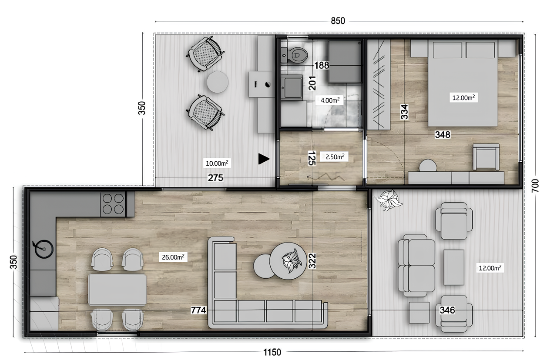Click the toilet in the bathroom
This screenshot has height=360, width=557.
[x=297, y=54]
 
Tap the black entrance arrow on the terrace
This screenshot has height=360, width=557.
[x=264, y=159]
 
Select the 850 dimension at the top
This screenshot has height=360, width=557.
[x=338, y=21]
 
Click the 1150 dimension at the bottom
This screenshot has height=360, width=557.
[x=272, y=351]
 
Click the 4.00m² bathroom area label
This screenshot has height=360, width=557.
[x=330, y=100]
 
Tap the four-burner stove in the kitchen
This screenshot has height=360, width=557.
[x=113, y=204]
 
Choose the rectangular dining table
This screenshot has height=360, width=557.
[x=117, y=289]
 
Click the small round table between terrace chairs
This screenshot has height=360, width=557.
[x=218, y=82]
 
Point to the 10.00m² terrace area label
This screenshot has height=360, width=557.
[x=217, y=163]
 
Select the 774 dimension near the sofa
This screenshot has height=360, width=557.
[x=198, y=310]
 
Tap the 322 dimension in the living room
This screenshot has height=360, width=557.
[x=312, y=260]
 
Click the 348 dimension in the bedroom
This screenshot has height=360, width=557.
[x=443, y=135]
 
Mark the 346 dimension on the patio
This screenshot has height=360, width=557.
[x=447, y=310]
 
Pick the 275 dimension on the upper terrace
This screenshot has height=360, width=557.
[x=216, y=177]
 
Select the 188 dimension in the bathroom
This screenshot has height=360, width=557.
[x=322, y=65]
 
